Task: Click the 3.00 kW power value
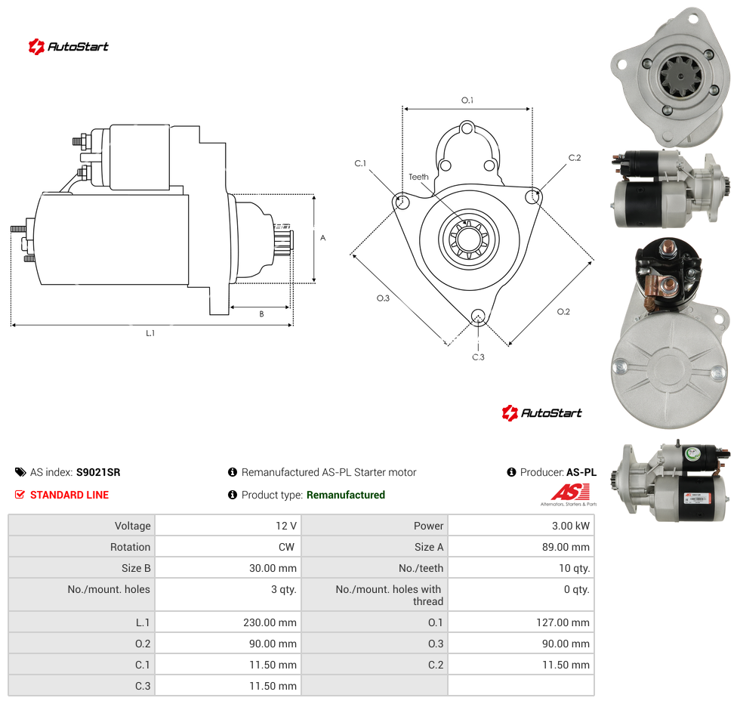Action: [570, 526]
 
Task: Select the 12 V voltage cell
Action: [285, 526]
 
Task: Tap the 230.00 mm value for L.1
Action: [270, 622]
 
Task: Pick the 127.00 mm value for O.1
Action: [563, 622]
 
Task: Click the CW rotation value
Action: [286, 547]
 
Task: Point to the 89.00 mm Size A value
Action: [566, 547]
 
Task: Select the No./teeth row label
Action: [421, 568]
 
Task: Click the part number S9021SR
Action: [98, 472]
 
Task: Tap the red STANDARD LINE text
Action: [69, 495]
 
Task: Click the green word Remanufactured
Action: [346, 495]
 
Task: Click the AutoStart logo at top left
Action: [69, 47]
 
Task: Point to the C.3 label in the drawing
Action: [478, 357]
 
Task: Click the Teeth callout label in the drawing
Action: [418, 177]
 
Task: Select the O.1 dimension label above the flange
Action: [467, 100]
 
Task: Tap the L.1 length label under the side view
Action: [150, 333]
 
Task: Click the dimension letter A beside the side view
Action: [323, 238]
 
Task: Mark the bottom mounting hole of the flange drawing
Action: [478, 316]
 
